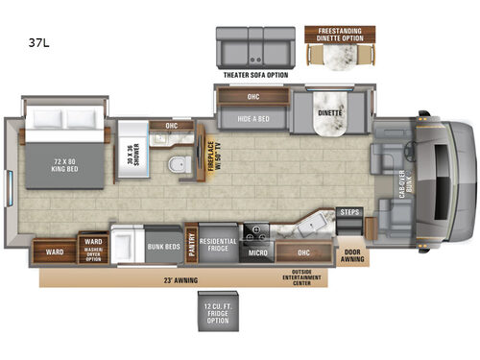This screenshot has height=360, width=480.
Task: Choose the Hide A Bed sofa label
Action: pos(244,119)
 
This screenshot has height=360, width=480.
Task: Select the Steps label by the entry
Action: pos(350,212)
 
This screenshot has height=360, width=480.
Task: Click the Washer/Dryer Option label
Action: pos(93,250)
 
